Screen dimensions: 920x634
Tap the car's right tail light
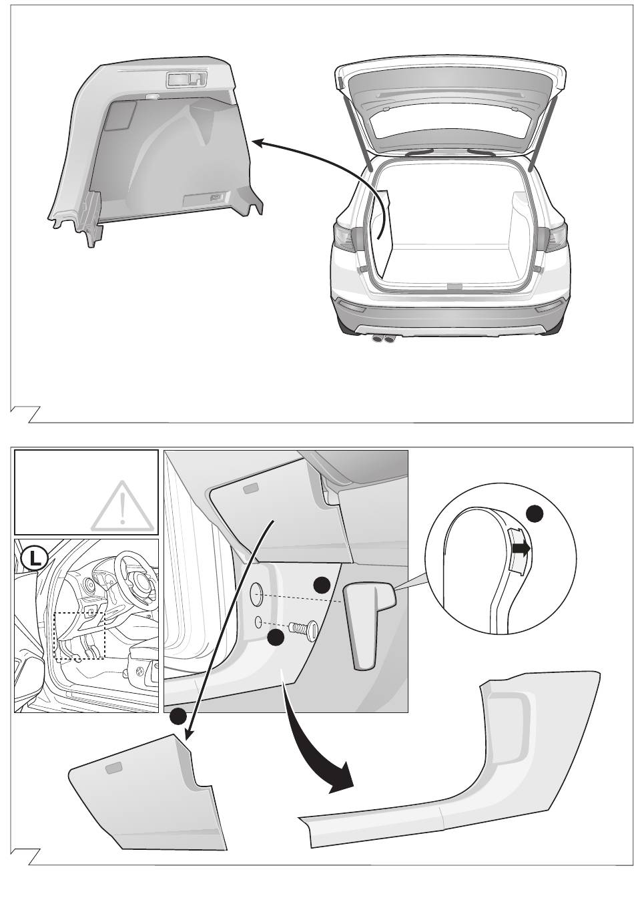point(555,237)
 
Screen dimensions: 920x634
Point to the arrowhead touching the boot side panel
point(258,142)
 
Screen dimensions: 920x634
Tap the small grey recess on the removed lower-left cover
point(113,768)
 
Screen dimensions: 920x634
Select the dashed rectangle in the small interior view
point(79,636)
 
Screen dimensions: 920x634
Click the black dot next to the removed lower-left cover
point(178,716)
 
